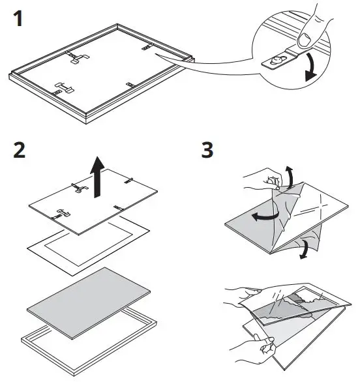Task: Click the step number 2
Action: click(x=20, y=151)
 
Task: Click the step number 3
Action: click(x=207, y=151)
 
